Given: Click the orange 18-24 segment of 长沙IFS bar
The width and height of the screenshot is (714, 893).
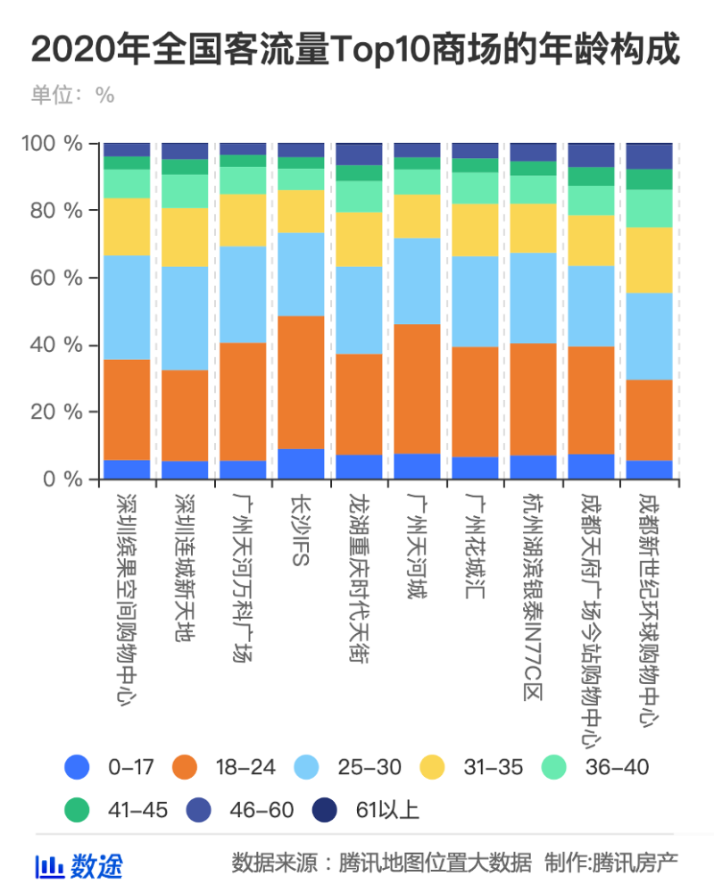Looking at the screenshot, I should (x=302, y=382).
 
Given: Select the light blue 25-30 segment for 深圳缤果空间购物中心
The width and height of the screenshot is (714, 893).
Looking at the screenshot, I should (x=127, y=307).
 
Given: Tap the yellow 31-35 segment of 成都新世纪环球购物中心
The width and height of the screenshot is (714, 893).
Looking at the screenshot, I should (x=650, y=260).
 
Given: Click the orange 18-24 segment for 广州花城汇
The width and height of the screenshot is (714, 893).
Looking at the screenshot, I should (x=476, y=402).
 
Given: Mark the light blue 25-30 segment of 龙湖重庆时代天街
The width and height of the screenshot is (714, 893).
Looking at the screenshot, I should (x=360, y=310).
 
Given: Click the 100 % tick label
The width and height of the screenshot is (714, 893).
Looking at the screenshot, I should (x=54, y=144).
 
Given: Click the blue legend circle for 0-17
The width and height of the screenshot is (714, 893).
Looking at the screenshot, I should (x=79, y=766).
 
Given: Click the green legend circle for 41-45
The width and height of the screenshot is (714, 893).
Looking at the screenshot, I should (x=79, y=810).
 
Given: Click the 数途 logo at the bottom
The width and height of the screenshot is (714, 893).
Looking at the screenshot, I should (x=79, y=865).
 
